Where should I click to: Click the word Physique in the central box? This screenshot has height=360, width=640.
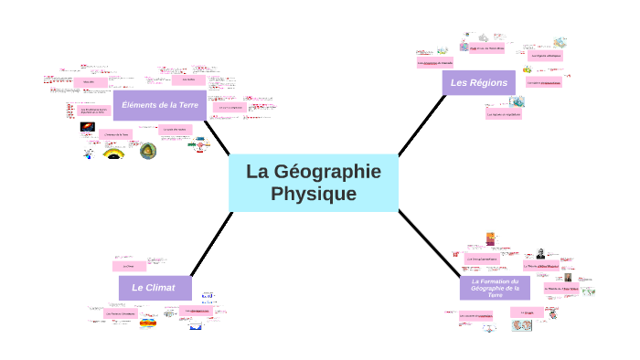click(x=314, y=195)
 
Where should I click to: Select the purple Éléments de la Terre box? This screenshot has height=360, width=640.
click(x=160, y=105)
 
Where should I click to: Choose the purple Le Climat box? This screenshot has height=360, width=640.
click(x=153, y=287)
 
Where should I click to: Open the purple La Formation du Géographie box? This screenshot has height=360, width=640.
click(x=495, y=288)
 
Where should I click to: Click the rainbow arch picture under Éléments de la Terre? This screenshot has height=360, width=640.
click(x=114, y=153)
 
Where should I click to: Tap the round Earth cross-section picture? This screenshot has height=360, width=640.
click(x=147, y=151)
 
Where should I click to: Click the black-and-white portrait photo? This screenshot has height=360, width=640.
click(x=541, y=254)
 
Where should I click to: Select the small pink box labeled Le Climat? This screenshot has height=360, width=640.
click(x=129, y=266)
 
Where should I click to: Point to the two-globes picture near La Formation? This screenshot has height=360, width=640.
click(x=523, y=326)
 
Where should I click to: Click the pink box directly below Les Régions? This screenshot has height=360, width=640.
click(x=504, y=114)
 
